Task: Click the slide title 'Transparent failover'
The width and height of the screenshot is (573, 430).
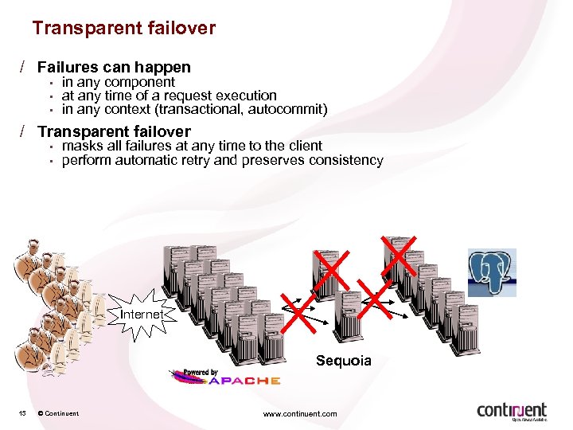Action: pyautogui.click(x=123, y=29)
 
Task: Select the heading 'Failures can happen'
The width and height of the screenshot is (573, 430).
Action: pyautogui.click(x=114, y=68)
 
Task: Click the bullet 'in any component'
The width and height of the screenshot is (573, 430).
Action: pyautogui.click(x=118, y=82)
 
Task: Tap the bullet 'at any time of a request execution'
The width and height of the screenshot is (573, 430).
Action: pyautogui.click(x=169, y=96)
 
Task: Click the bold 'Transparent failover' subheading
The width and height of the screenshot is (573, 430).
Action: pyautogui.click(x=114, y=131)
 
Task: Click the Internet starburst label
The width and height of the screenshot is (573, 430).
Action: pyautogui.click(x=141, y=315)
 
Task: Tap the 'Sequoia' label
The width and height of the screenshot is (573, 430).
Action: pyautogui.click(x=343, y=361)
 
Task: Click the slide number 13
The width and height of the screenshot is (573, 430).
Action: pyautogui.click(x=23, y=413)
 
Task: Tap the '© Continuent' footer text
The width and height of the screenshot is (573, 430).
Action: pyautogui.click(x=57, y=413)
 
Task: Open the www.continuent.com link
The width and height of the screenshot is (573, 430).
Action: pyautogui.click(x=299, y=413)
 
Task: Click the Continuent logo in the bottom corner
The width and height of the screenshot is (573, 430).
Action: pyautogui.click(x=512, y=410)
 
